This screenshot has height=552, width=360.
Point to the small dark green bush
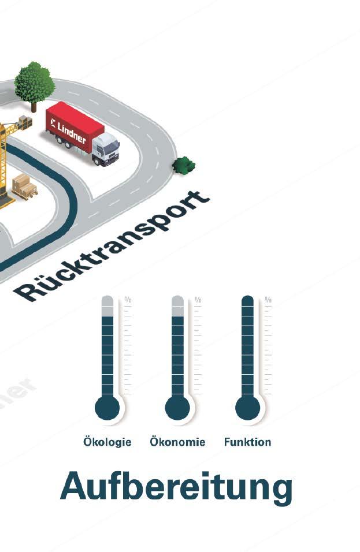184,165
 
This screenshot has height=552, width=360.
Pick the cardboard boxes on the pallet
23,185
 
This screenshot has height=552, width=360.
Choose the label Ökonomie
177,442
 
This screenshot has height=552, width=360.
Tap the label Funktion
247,442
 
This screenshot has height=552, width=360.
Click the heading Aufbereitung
176,486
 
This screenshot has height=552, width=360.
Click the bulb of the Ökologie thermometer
107,408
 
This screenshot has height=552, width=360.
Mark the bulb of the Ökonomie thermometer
177,408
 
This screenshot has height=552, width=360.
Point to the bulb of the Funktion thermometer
247,408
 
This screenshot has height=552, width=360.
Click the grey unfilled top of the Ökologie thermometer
107,307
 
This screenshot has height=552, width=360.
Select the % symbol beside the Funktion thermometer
268,300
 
